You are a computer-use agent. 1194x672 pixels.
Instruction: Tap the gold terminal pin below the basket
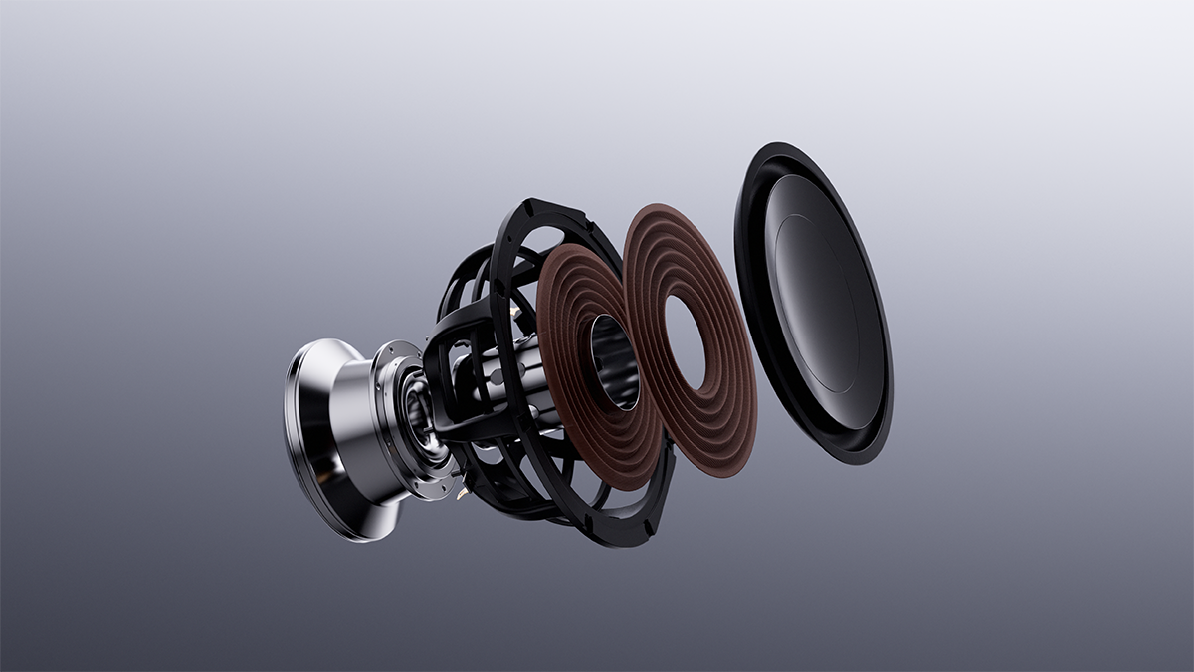pyautogui.click(x=462, y=490)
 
